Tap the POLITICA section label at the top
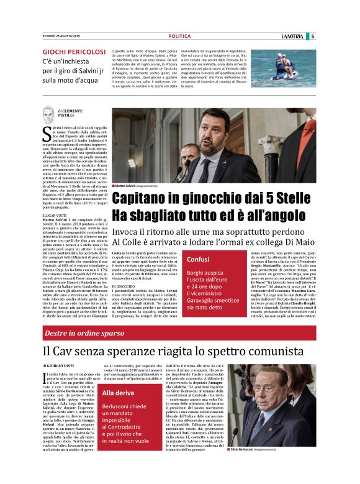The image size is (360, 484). coord(179,37)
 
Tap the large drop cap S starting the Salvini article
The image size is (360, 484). coord(45,132)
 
